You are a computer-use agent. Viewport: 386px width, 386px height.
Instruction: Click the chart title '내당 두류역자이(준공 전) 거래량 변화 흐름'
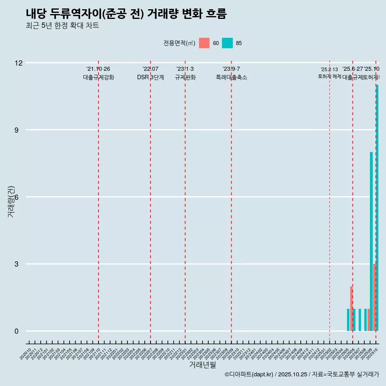tap(126, 14)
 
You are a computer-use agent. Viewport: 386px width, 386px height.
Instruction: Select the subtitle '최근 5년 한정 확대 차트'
tap(62, 26)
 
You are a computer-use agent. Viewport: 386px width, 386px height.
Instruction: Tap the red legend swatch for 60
tap(204, 43)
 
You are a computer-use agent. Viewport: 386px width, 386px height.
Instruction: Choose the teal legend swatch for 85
tap(227, 43)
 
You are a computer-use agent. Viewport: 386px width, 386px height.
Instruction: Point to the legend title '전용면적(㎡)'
tap(179, 43)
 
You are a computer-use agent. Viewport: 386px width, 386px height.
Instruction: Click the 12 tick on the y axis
tap(18, 63)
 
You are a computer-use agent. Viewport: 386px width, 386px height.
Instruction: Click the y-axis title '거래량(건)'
tap(11, 201)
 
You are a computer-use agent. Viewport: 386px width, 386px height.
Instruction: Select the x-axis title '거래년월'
tap(202, 365)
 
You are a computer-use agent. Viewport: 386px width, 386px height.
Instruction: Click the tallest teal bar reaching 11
tap(377, 208)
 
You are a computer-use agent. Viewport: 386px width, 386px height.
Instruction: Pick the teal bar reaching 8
tap(371, 241)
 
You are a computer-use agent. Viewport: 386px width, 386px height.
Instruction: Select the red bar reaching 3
tap(374, 298)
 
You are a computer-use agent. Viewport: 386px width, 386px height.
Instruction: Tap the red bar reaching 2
tap(351, 309)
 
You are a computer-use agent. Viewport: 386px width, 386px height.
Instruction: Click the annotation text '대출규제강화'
tap(99, 78)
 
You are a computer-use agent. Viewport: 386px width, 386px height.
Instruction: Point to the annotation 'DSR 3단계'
tap(150, 78)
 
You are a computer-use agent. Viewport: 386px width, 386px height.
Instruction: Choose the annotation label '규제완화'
tap(185, 78)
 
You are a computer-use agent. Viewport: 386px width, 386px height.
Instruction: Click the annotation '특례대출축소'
tap(231, 78)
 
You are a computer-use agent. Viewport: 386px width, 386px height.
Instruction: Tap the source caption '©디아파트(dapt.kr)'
tap(249, 374)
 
